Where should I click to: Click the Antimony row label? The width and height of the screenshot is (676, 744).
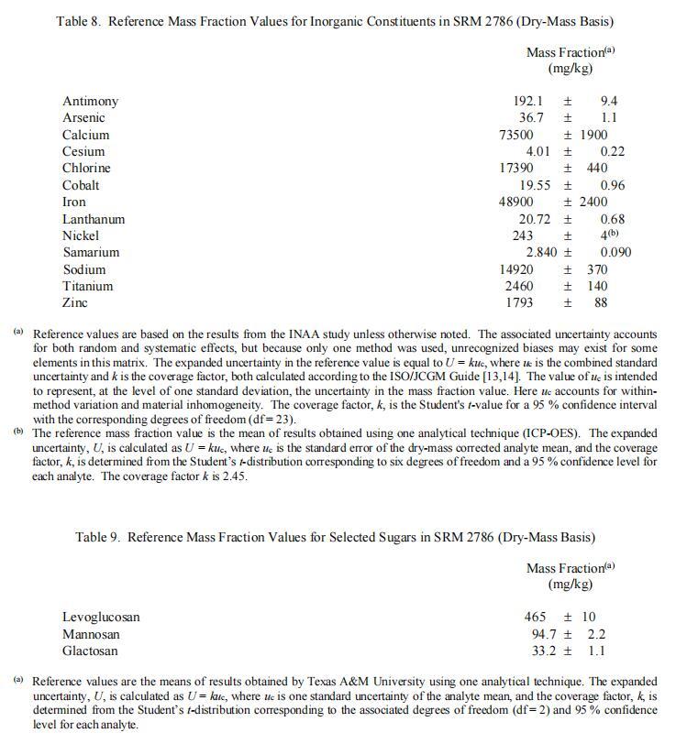tap(90, 101)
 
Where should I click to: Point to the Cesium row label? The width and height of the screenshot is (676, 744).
tap(83, 151)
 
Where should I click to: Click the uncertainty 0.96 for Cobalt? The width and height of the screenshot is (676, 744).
tap(612, 185)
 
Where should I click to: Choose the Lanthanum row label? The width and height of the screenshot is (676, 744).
tap(94, 219)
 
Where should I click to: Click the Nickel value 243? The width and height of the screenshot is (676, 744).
tap(523, 235)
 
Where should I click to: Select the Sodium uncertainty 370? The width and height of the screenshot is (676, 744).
tap(597, 269)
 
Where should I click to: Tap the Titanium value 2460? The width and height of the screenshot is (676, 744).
tap(519, 286)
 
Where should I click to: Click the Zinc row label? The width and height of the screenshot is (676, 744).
tap(75, 302)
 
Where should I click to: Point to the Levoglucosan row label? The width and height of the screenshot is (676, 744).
tap(101, 617)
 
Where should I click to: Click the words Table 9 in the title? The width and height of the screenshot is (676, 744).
tap(97, 537)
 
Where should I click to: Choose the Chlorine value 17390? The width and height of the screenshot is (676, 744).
tap(515, 168)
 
